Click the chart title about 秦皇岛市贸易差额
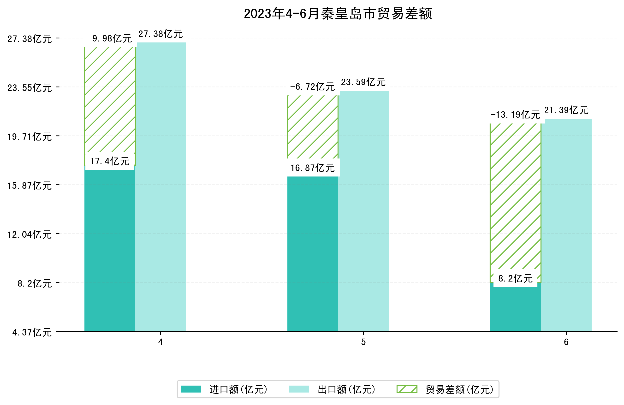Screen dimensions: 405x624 tap(338, 14)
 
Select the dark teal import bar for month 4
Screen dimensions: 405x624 tap(110, 249)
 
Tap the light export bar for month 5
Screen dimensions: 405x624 tap(363, 210)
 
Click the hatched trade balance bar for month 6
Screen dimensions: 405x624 tap(515, 197)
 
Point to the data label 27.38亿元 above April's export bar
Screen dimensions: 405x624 tap(160, 34)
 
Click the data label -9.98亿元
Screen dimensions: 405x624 tap(110, 39)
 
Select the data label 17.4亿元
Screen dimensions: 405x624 tap(110, 161)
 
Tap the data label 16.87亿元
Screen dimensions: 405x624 tap(313, 168)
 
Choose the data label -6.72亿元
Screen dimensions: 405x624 tap(313, 87)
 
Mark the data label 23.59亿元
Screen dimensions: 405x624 tap(363, 82)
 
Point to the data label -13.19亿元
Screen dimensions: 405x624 tap(515, 115)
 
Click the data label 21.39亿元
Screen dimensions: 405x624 tap(566, 110)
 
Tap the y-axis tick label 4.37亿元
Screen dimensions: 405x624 tap(32, 332)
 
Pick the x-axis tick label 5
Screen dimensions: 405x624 tap(363, 342)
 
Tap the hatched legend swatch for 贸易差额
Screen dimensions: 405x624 tap(407, 389)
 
